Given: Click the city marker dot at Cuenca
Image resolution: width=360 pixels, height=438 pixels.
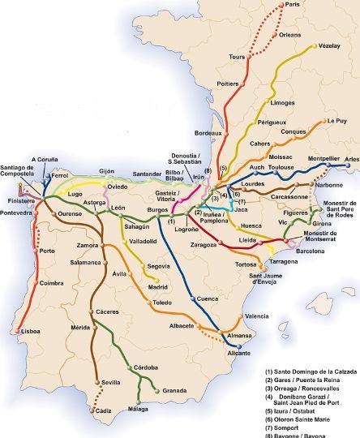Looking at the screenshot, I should pyautogui.click(x=194, y=298).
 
